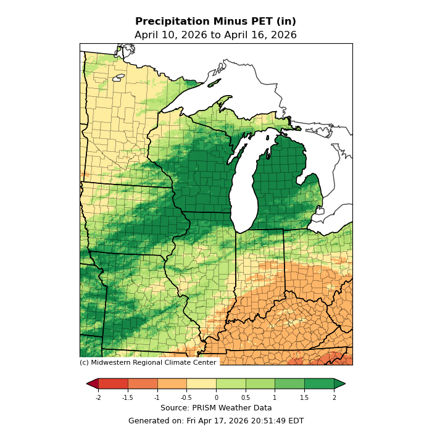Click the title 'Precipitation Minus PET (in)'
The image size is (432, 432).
click(x=215, y=22)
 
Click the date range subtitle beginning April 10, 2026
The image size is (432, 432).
click(x=215, y=35)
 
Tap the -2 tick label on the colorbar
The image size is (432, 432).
click(x=98, y=398)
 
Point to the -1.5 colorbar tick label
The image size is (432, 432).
click(x=128, y=398)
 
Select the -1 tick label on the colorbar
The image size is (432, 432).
click(x=157, y=398)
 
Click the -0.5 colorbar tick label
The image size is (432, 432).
click(x=186, y=398)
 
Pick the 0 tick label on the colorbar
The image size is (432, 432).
click(x=216, y=398)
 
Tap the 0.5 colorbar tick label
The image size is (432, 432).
click(x=246, y=398)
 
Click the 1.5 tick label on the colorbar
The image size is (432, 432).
click(x=304, y=398)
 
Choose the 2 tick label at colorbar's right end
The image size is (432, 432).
click(x=334, y=398)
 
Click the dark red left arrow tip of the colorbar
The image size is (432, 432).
click(x=91, y=384)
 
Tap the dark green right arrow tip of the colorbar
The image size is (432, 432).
click(x=340, y=384)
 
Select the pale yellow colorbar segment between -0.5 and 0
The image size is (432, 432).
click(x=201, y=384)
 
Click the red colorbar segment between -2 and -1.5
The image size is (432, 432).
click(x=113, y=384)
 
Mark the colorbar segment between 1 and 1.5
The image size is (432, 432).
click(x=289, y=384)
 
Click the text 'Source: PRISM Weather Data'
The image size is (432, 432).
click(x=216, y=408)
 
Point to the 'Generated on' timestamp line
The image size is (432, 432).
click(x=216, y=421)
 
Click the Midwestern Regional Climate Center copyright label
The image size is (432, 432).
click(x=148, y=363)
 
